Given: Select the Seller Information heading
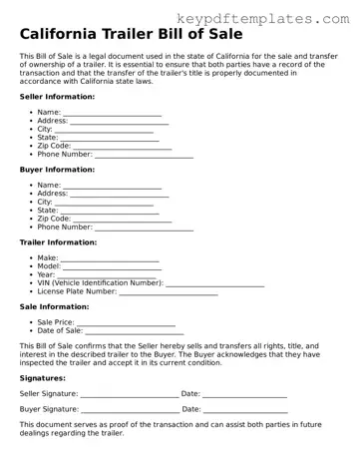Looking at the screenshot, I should point(57,97).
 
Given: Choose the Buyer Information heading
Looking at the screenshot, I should point(57,170).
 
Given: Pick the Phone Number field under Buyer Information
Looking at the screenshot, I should point(144,228).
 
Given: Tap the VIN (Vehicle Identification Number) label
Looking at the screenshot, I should point(100,283).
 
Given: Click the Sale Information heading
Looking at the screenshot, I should point(54,307).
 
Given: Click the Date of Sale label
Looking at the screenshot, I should point(66,331).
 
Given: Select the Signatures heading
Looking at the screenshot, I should point(43,378).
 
